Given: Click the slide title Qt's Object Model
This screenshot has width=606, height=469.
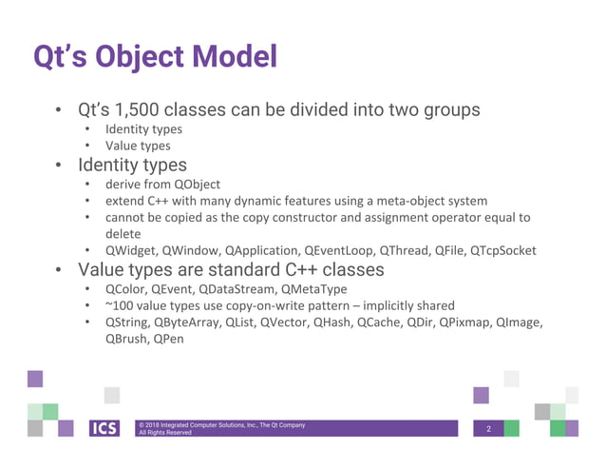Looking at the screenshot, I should [x=155, y=56].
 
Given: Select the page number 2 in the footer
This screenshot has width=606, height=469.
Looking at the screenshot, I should [x=488, y=428].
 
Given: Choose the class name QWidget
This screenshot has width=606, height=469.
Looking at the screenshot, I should [x=130, y=250].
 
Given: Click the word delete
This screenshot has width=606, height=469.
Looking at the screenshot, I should [x=123, y=233].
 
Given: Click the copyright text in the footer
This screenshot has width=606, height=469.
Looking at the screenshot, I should [x=220, y=428].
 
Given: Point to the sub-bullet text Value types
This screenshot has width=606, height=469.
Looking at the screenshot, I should [x=138, y=146].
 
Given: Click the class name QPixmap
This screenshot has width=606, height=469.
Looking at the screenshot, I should [x=467, y=322].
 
